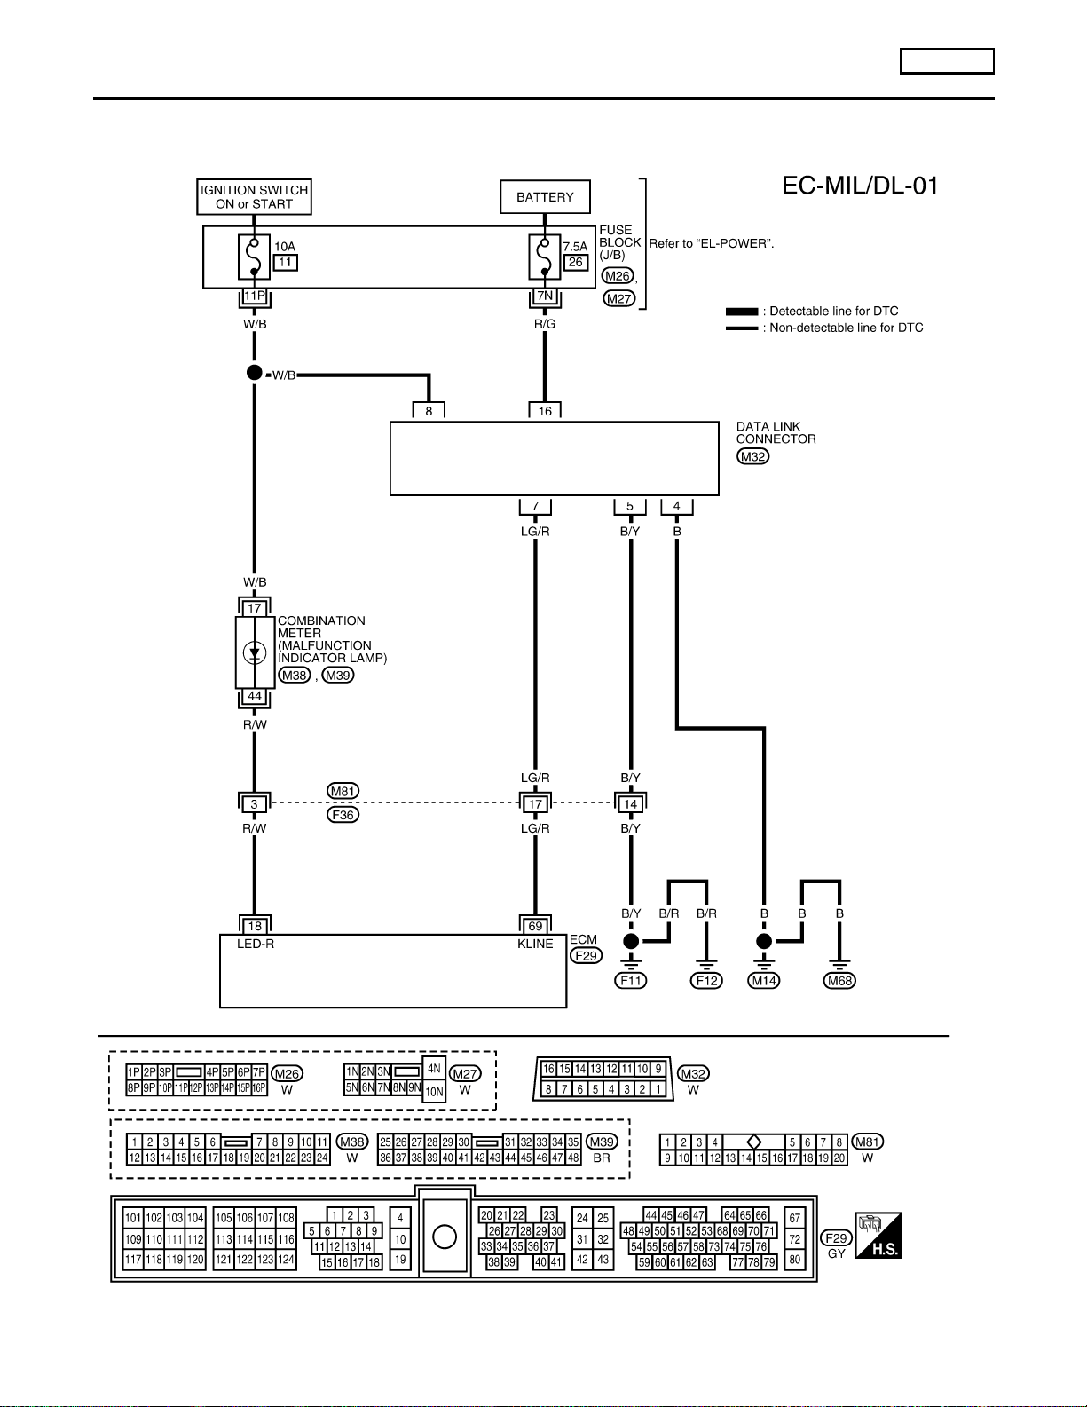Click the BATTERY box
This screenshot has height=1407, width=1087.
click(x=545, y=197)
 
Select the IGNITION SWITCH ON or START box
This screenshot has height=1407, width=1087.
click(x=255, y=197)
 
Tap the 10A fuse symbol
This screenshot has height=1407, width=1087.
click(x=255, y=257)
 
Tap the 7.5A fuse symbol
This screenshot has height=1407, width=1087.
click(x=545, y=257)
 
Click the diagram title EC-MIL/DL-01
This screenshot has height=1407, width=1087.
click(x=860, y=186)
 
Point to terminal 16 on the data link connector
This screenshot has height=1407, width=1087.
click(x=545, y=411)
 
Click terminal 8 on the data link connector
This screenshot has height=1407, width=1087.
click(x=429, y=411)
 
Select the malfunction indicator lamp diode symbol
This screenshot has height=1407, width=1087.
click(x=255, y=652)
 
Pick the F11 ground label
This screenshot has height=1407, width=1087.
click(x=630, y=981)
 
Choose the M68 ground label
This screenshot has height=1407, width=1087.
click(x=839, y=981)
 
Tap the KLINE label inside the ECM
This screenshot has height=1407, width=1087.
click(x=535, y=944)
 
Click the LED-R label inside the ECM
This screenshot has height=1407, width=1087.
click(x=255, y=944)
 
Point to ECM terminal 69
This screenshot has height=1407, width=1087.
click(x=535, y=926)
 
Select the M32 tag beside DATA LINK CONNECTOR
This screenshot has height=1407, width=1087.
click(x=752, y=456)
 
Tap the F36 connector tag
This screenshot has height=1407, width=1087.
click(x=343, y=815)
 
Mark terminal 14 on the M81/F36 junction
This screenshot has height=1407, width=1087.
click(x=630, y=804)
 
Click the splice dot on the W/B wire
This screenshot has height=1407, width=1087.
click(x=255, y=372)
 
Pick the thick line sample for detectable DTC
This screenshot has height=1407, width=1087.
click(x=742, y=312)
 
